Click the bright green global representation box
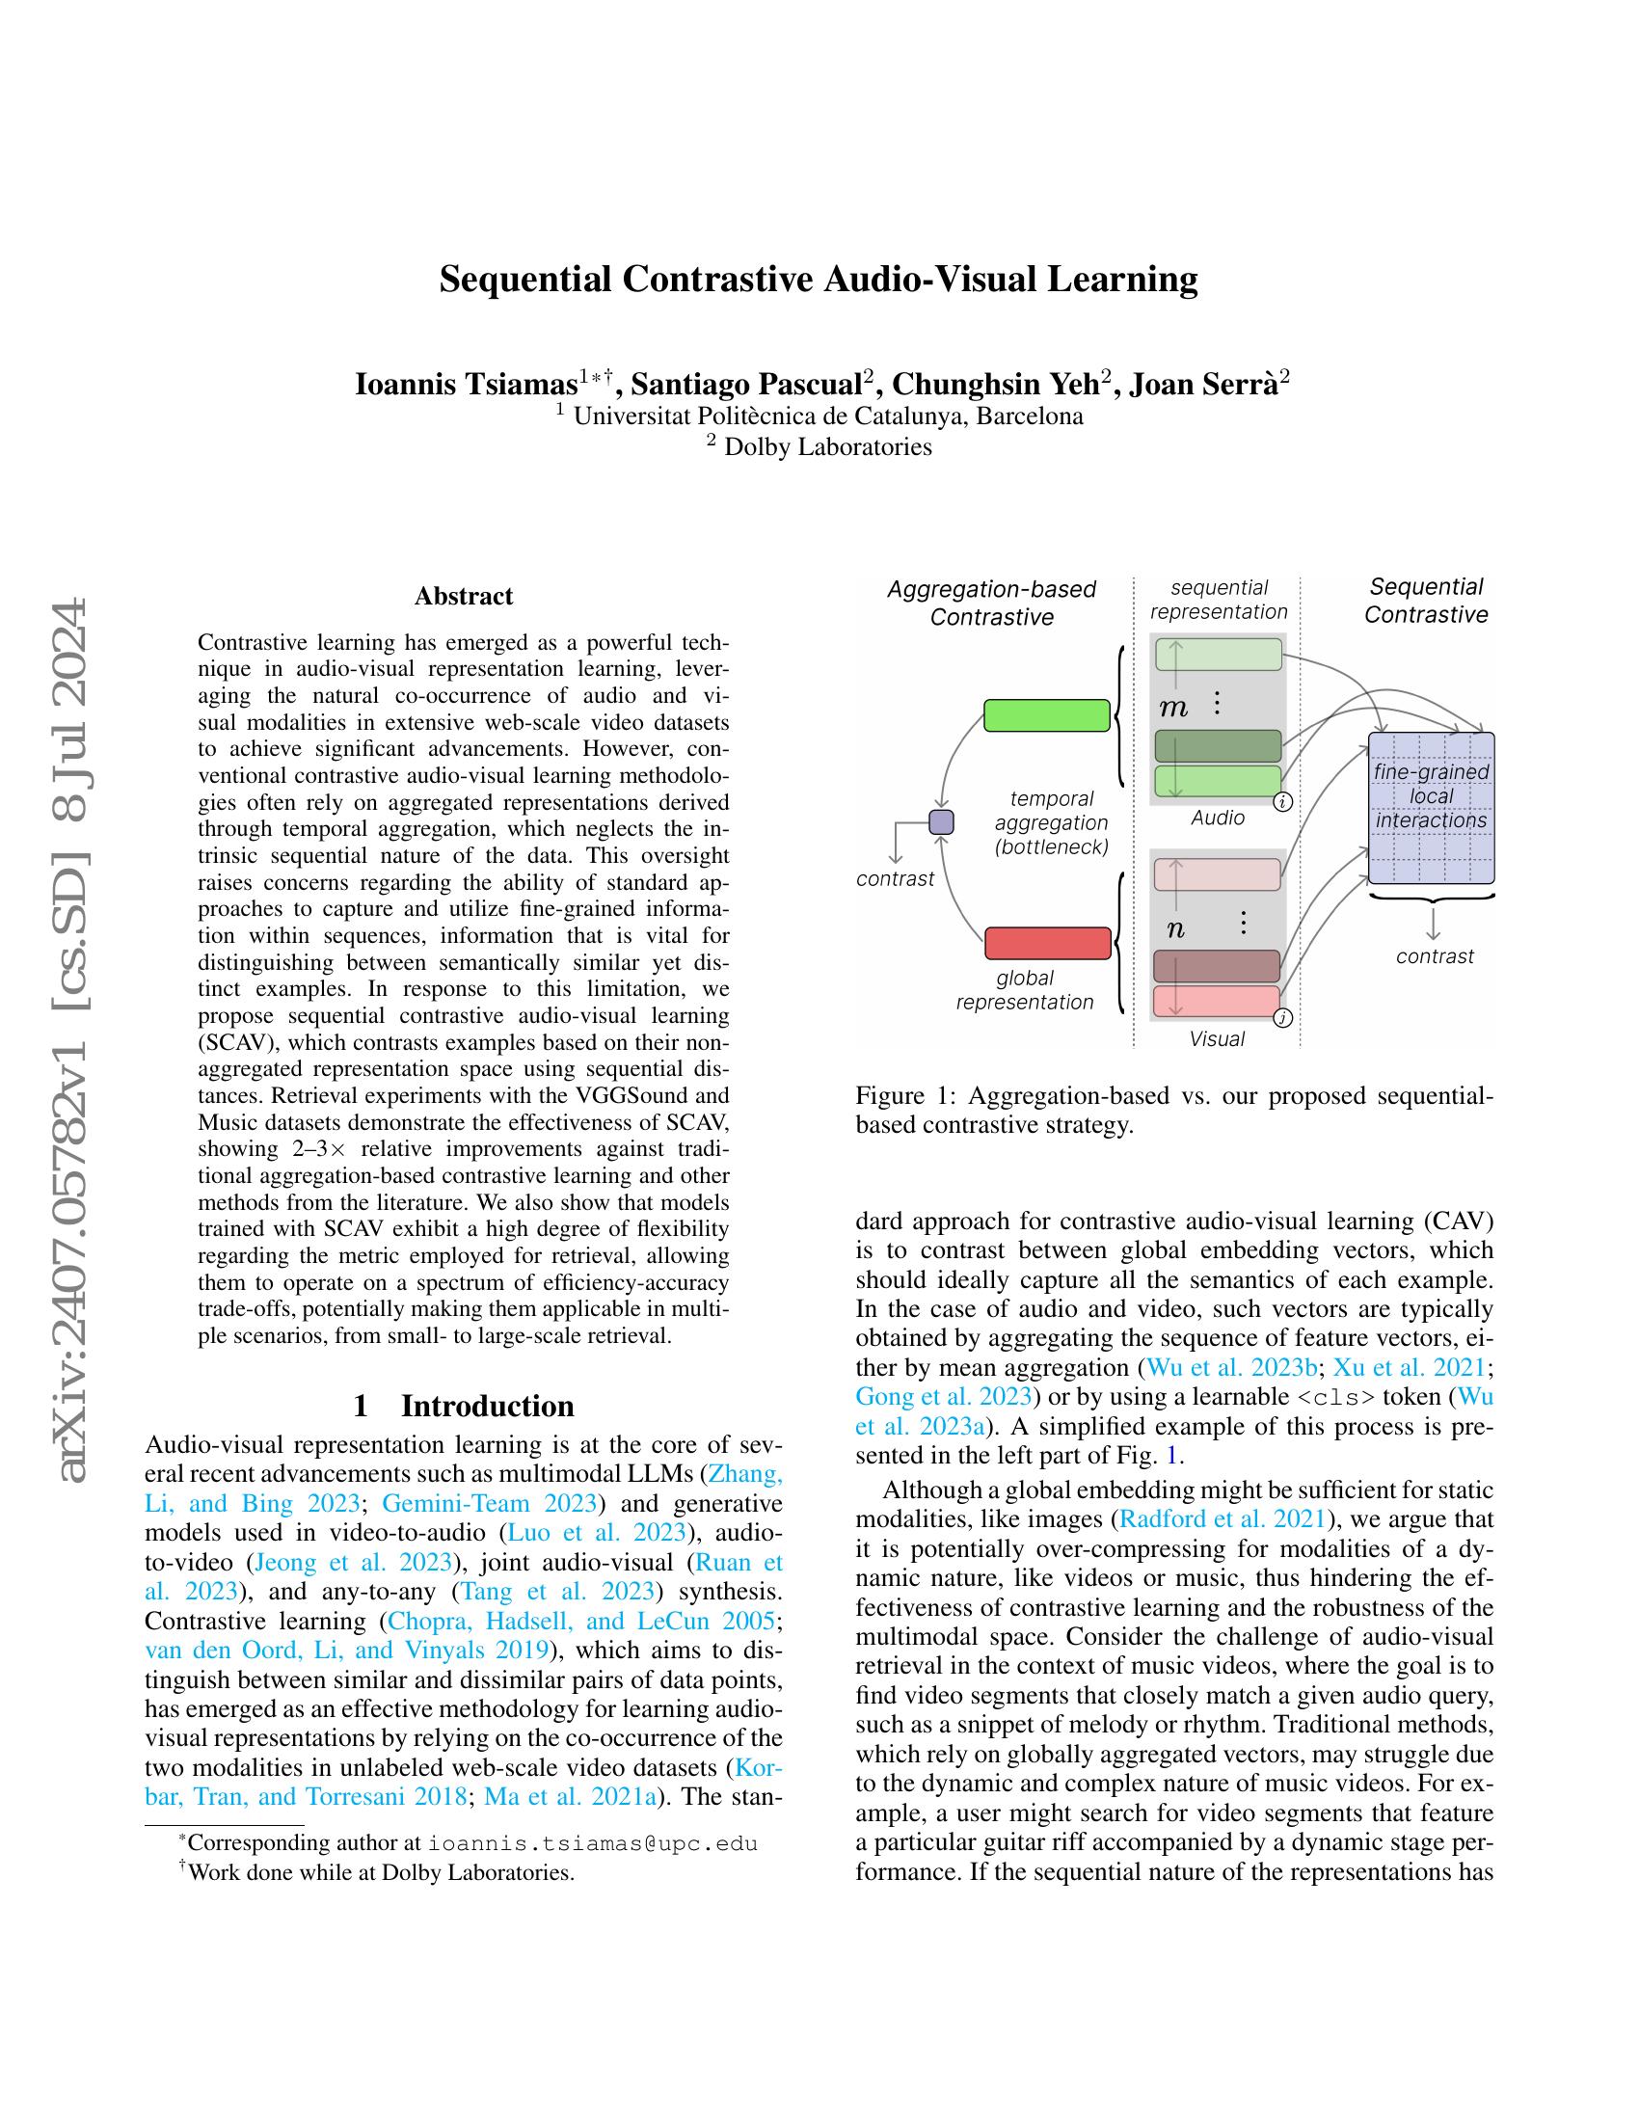1046,714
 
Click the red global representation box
1047,943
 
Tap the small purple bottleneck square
941,822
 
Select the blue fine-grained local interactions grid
1430,808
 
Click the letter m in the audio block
1173,708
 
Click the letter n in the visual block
1175,929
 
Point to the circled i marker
1282,802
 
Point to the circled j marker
1282,1019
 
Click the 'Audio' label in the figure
1218,819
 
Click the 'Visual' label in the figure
1217,1039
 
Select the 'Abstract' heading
463,596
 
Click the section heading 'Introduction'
487,1407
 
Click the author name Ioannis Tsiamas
466,385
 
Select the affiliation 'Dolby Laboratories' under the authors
827,447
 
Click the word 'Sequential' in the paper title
525,280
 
